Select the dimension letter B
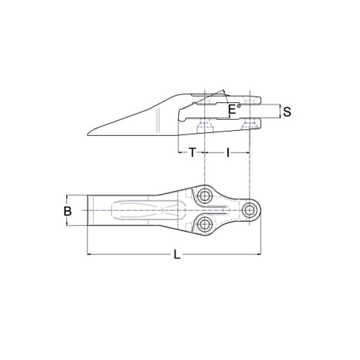point(67,211)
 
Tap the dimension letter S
point(287,112)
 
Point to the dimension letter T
point(193,153)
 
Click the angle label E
point(233,110)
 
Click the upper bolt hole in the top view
point(205,195)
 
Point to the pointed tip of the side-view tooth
point(87,135)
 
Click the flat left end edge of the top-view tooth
point(88,211)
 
